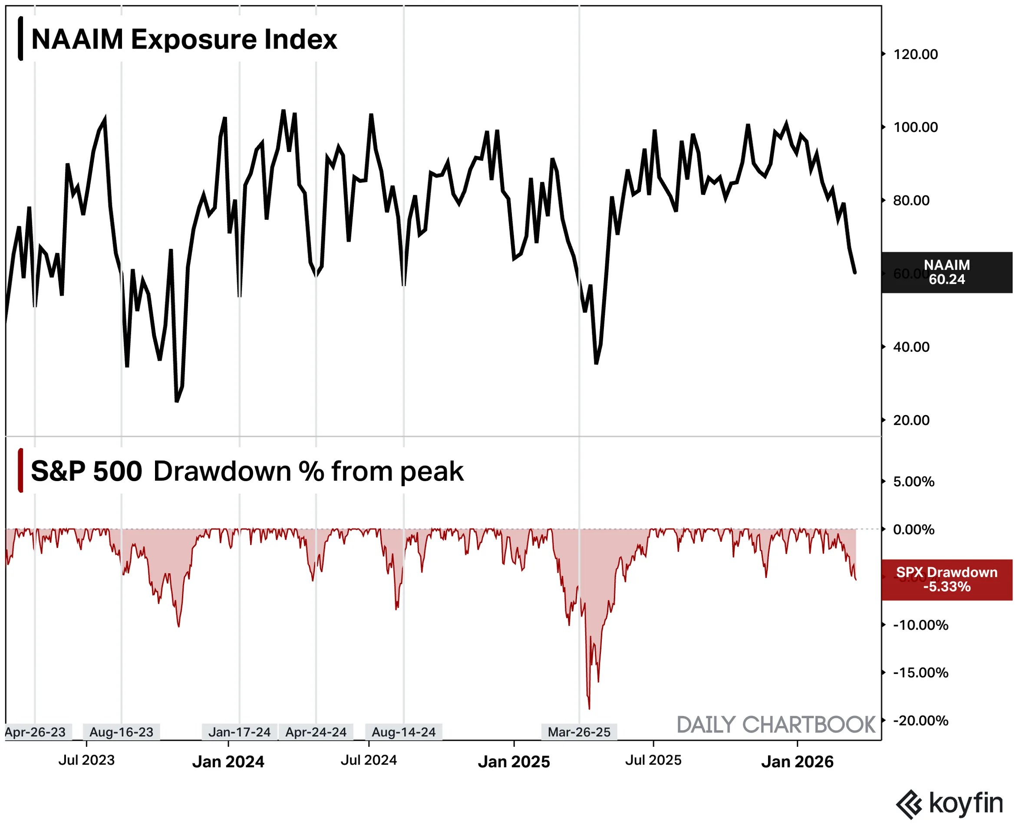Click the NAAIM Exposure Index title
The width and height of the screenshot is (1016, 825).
pos(184,39)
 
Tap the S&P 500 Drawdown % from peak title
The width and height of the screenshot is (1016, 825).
pos(247,472)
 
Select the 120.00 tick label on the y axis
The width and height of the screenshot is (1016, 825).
pos(915,54)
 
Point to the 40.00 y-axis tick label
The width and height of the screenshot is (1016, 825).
pos(911,347)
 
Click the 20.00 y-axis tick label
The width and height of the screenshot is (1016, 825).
pos(911,420)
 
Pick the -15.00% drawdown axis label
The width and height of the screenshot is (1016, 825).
pos(920,673)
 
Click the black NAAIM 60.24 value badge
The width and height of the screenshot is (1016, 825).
pos(946,272)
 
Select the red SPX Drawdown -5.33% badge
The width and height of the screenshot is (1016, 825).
pos(946,580)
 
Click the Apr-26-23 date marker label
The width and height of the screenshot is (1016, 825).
pos(36,732)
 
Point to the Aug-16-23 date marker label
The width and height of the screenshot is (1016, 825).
pos(121,732)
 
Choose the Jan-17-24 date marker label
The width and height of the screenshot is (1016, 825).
pos(240,732)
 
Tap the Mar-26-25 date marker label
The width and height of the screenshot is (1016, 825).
pos(579,732)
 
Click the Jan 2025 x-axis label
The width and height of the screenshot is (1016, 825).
pos(514,762)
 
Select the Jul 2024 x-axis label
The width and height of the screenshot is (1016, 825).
pos(369,760)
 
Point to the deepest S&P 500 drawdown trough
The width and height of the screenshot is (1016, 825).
pos(589,709)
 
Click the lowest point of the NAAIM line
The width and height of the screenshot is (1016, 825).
pos(177,402)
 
